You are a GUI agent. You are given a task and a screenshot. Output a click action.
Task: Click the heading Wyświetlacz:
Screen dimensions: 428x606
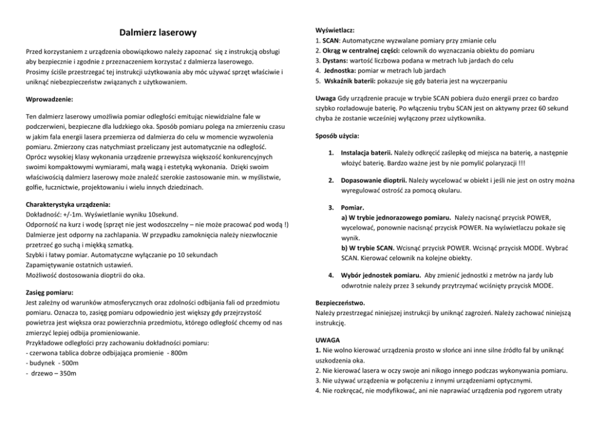(333, 30)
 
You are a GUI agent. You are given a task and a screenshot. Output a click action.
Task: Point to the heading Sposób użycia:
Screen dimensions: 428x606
(337, 135)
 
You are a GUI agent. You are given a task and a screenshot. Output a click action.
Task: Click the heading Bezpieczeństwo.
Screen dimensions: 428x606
(340, 303)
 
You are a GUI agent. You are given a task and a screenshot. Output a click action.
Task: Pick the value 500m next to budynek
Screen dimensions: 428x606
(70, 363)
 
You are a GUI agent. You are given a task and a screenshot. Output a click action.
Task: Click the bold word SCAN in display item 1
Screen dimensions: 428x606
(330, 40)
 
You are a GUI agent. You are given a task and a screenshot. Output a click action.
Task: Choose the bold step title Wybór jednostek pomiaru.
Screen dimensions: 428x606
(380, 276)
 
